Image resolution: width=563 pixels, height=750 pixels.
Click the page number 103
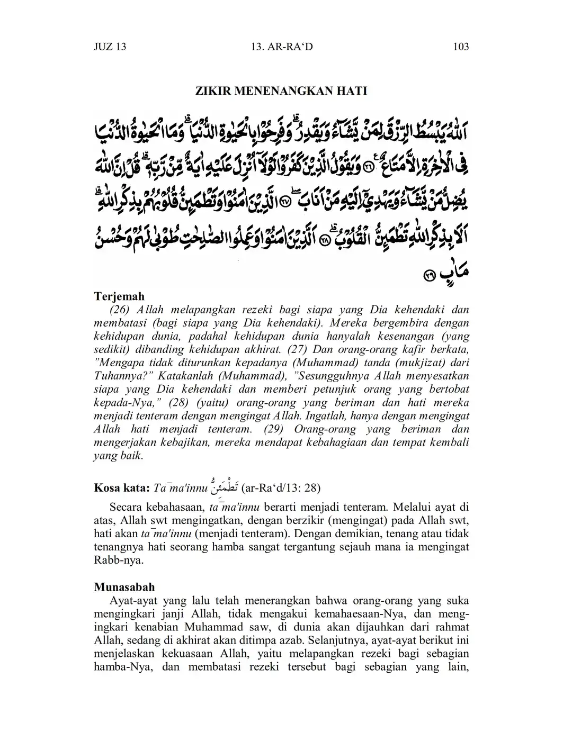coord(461,47)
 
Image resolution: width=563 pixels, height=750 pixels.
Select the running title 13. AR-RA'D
coord(281,47)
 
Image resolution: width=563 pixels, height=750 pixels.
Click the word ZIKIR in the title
coord(212,91)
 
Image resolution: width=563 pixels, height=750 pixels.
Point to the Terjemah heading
coord(119,296)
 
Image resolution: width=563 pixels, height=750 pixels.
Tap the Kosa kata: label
coord(119,487)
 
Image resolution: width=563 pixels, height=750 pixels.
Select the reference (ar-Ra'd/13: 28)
coord(281,487)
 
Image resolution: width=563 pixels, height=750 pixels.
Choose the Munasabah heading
coord(124,587)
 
